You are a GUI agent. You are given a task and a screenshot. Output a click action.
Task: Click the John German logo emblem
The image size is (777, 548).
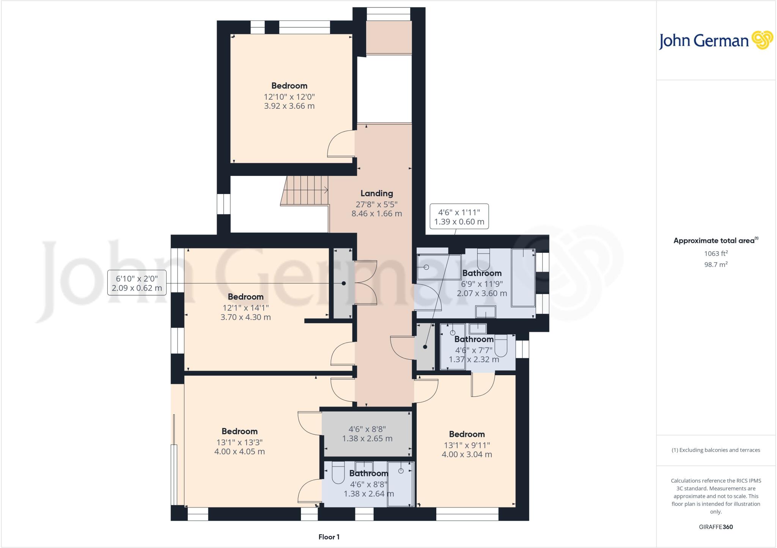tap(762, 40)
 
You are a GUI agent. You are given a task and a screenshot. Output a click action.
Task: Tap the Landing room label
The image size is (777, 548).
tap(376, 193)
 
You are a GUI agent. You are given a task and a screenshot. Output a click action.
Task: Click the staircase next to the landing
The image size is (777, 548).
tap(305, 190)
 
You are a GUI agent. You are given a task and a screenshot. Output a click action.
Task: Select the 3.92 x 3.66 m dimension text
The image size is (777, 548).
tap(289, 106)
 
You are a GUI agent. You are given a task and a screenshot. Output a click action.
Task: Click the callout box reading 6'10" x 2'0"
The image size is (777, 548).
tap(137, 283)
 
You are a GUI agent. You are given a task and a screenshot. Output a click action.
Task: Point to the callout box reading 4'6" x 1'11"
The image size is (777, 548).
tap(459, 217)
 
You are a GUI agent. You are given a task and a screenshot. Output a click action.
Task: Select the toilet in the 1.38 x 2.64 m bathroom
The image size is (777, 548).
tap(338, 473)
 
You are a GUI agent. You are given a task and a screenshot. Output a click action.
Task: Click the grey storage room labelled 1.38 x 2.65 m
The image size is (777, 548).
tap(367, 434)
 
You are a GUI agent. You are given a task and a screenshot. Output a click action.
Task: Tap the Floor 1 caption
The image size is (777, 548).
tap(329, 537)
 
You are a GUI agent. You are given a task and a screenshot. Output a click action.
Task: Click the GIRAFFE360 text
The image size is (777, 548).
tap(716, 527)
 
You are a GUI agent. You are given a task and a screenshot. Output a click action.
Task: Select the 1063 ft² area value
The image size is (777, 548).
tap(716, 254)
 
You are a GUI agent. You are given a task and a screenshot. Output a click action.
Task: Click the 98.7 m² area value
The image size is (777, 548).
tap(716, 265)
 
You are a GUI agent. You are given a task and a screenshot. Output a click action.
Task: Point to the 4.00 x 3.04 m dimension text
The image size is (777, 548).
tap(467, 454)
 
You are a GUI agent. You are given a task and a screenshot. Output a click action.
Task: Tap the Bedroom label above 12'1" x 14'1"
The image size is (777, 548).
tap(245, 297)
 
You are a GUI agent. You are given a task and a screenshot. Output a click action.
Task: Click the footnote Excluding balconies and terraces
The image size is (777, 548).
tap(716, 450)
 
